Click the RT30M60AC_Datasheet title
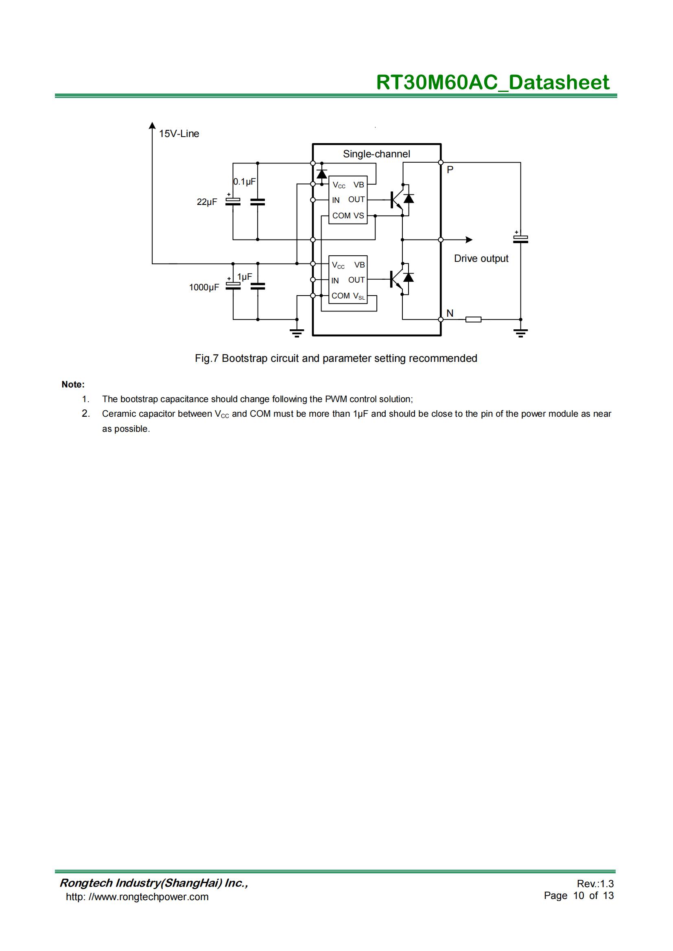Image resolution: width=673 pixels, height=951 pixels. (x=492, y=82)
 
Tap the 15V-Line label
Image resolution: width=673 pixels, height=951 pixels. (x=179, y=134)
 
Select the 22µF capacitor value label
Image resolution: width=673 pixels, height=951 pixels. (x=207, y=202)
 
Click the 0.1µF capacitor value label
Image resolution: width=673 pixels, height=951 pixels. (x=245, y=181)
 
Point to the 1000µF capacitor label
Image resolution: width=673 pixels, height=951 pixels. (x=204, y=287)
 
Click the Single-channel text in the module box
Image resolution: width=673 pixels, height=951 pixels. (x=376, y=154)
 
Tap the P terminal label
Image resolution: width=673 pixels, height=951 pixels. (x=450, y=170)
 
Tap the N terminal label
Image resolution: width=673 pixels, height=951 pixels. (x=450, y=313)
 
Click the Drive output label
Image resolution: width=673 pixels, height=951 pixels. (x=481, y=259)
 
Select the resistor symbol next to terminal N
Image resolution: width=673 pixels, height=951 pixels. (x=473, y=319)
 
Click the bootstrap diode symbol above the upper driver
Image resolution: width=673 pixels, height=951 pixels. (x=321, y=174)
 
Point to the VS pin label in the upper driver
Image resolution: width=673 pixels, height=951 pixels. (x=359, y=216)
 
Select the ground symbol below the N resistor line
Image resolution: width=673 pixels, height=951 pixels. (x=520, y=333)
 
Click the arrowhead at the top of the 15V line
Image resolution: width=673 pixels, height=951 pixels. (x=153, y=126)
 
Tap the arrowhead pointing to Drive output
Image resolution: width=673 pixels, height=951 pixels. (x=469, y=240)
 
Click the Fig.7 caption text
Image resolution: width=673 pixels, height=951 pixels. (x=336, y=358)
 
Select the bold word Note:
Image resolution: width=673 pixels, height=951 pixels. (x=73, y=384)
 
